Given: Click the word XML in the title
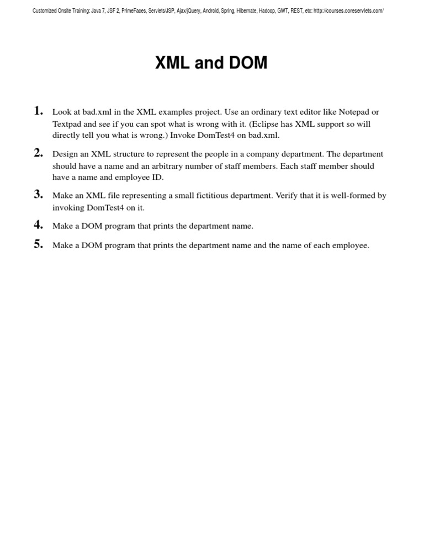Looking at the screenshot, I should tap(173, 63).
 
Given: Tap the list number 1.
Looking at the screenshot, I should tap(38, 111).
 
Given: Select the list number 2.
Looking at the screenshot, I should tap(38, 153).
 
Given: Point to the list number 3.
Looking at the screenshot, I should tap(38, 194).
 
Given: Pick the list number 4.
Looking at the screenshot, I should tap(38, 224).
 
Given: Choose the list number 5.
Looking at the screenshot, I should tap(38, 244).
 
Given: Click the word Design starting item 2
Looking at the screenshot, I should tap(65, 154).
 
